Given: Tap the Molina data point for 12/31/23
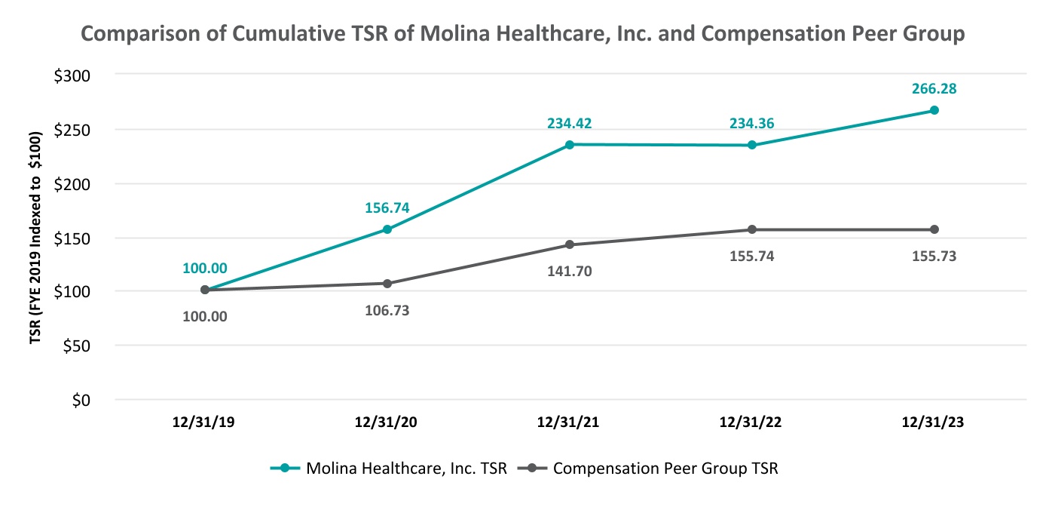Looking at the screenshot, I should coord(934,110).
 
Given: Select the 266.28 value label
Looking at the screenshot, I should coord(934,89).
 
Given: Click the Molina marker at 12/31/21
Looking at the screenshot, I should coord(570,144).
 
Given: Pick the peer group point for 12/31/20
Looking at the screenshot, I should coord(387,284).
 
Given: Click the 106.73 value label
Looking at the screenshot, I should coord(387,310).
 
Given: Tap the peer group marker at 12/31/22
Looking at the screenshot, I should coord(752,229).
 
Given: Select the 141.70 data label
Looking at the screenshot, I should coord(570,271).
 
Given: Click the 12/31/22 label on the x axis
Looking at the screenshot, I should coord(752,423).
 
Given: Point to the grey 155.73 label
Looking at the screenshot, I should coord(934,256).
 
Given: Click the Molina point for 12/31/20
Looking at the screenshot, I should coord(387,229).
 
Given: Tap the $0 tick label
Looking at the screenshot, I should coord(81,400).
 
